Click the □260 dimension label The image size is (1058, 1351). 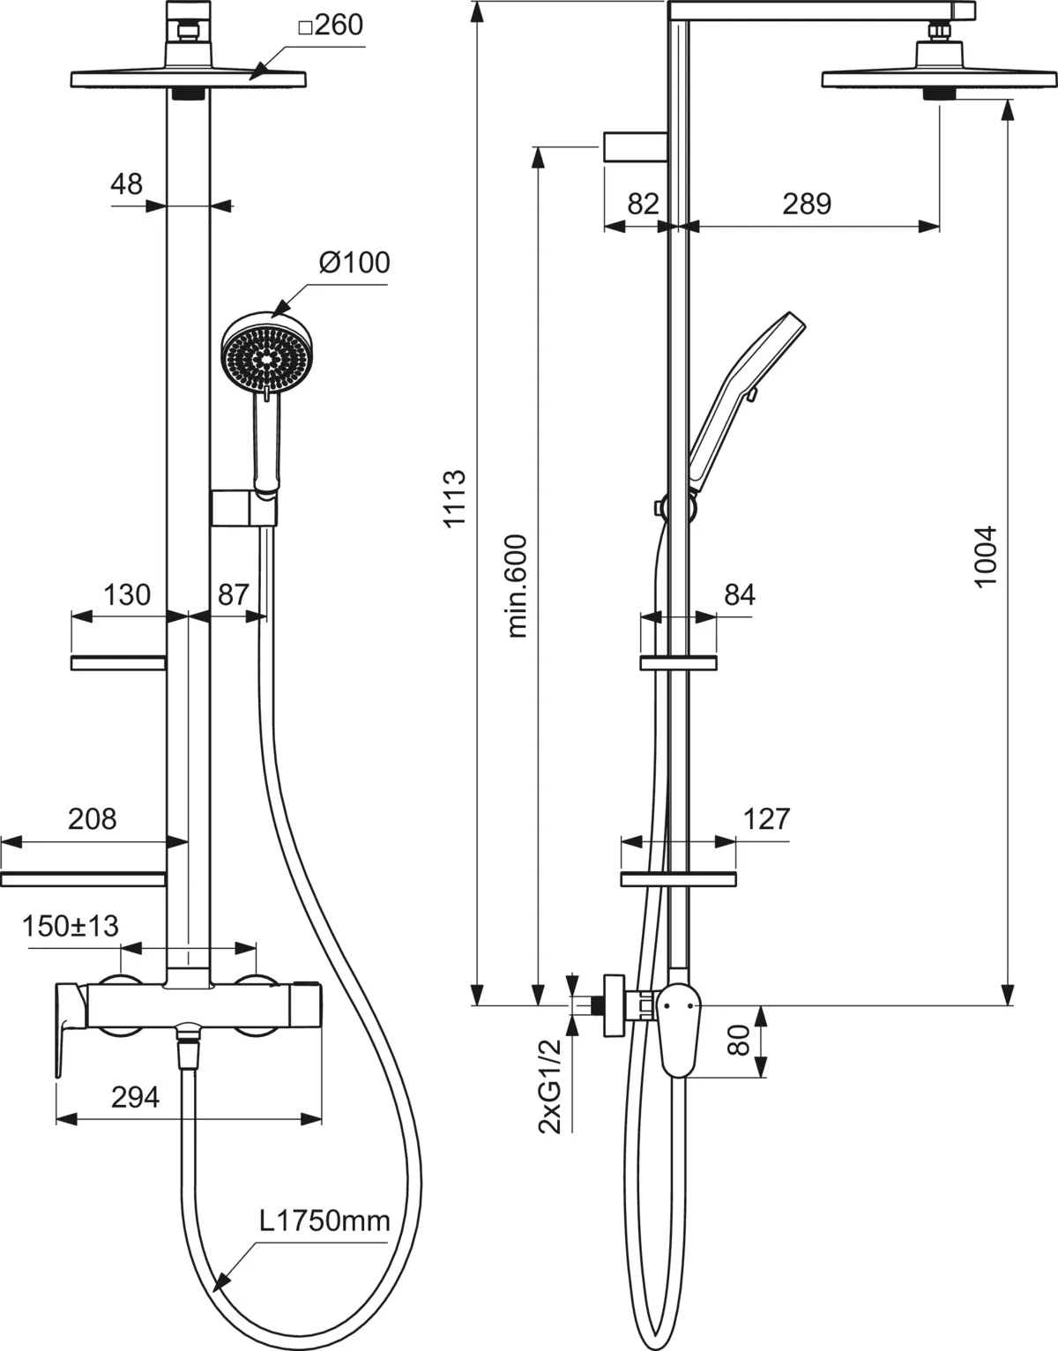tap(331, 26)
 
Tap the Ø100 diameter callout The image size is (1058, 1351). tap(354, 262)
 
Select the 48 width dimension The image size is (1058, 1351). tap(127, 184)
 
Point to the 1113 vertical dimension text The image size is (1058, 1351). tap(454, 499)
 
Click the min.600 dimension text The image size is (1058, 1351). tap(517, 586)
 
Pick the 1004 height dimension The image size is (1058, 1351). tap(986, 557)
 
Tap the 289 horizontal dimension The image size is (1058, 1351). tap(807, 204)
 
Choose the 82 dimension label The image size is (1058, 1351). tap(643, 204)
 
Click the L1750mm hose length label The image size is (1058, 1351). tap(324, 1220)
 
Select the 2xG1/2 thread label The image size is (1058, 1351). tap(550, 1086)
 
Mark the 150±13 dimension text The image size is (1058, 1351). tap(71, 926)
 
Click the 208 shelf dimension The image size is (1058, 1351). tap(92, 819)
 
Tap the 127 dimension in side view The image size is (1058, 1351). tap(766, 819)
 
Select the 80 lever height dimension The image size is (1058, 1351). tap(739, 1041)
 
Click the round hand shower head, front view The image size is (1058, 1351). tap(267, 355)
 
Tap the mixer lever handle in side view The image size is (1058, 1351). tap(679, 1036)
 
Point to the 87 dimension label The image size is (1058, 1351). tap(234, 595)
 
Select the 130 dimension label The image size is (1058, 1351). tap(127, 595)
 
